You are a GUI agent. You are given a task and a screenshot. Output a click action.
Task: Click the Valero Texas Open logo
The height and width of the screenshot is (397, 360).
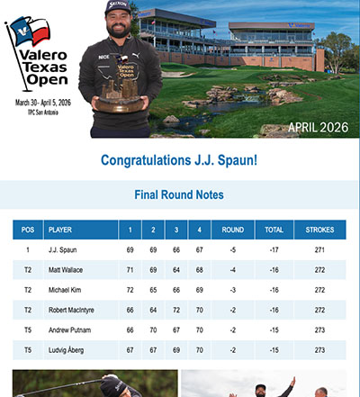pos(40,54)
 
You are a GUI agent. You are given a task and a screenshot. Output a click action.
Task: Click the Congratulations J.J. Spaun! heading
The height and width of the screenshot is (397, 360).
pos(179,161)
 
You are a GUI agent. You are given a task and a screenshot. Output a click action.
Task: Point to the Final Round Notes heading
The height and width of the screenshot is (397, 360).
pos(179,194)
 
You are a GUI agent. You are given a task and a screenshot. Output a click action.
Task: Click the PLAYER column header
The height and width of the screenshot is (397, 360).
pos(60,230)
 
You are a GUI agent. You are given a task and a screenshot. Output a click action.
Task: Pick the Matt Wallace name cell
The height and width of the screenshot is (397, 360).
pos(68,270)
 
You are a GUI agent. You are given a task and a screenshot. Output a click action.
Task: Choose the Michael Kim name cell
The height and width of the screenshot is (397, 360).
pos(67,290)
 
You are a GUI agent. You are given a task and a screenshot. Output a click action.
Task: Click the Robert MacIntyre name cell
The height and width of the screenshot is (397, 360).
pos(75,310)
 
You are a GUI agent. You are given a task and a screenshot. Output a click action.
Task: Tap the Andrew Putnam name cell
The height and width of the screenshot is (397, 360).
pos(71,329)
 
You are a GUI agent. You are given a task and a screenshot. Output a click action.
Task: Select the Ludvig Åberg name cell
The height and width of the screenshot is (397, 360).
pos(68,349)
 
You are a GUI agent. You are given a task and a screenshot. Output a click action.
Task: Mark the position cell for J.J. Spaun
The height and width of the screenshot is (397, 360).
pos(28,250)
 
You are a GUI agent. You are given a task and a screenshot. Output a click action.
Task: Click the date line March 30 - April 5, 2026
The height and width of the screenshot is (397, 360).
pos(41,102)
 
